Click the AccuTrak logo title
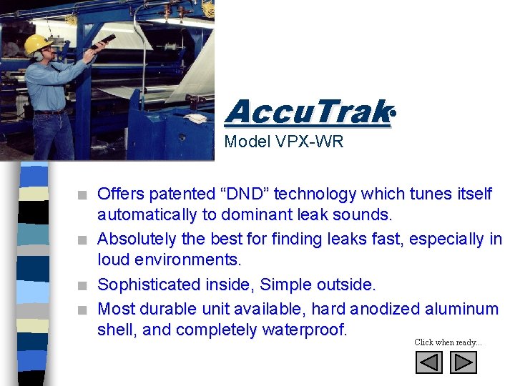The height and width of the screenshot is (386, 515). tap(308, 112)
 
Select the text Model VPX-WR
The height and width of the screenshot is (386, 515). tap(284, 142)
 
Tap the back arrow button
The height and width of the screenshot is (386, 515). tap(429, 363)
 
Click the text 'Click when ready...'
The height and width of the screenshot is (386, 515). tap(448, 342)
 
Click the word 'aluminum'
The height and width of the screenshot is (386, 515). tap(462, 309)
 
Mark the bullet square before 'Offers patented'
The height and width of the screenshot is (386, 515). tap(84, 195)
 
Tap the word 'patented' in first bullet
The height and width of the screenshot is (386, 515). tap(169, 194)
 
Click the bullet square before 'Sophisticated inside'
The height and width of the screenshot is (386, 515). tap(84, 286)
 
